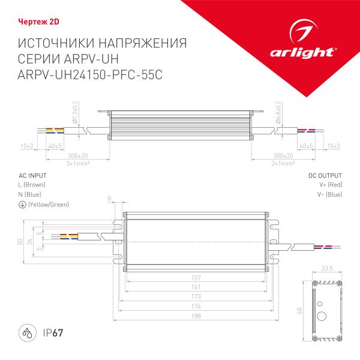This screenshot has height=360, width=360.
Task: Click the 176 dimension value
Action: [x=197, y=306]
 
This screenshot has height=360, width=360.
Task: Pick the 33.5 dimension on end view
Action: [x=327, y=269]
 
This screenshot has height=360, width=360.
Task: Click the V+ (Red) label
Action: [x=331, y=185]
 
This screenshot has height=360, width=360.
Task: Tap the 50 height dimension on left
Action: [x=20, y=242]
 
